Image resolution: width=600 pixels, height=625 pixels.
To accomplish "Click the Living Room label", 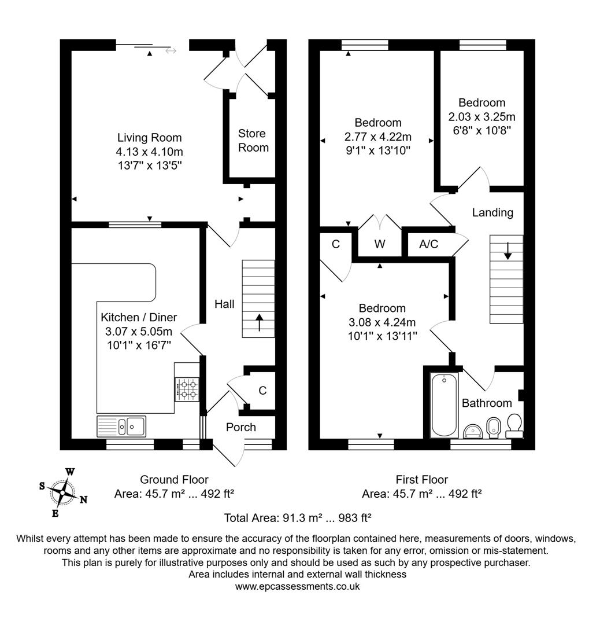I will (x=149, y=138).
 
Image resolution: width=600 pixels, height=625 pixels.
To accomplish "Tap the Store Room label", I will (x=253, y=141).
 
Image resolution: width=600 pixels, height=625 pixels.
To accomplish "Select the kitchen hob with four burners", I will (x=187, y=389).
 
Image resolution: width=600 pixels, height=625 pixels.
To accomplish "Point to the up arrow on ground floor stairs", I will (x=258, y=322).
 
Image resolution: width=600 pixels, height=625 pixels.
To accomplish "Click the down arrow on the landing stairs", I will (x=507, y=250).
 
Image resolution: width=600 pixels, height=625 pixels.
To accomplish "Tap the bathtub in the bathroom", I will (x=444, y=405).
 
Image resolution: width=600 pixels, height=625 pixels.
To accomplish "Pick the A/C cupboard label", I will (x=428, y=244).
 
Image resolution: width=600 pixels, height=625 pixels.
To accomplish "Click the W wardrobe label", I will (x=379, y=244).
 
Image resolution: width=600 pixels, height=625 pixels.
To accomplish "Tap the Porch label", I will (x=241, y=427).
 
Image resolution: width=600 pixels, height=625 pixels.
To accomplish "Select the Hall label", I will (x=224, y=304).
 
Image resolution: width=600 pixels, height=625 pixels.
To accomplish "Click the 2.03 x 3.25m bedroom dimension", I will (x=482, y=116).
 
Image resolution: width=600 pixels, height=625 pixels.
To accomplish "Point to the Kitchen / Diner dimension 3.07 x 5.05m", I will (x=139, y=332).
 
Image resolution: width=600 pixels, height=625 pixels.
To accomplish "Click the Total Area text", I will (x=297, y=517).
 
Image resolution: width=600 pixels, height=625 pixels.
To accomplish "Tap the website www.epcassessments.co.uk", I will (x=297, y=586).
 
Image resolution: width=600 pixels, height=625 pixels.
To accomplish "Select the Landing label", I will (x=492, y=212).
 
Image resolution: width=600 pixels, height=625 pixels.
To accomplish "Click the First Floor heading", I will (x=421, y=479).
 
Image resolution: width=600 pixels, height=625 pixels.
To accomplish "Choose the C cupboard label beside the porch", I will (x=262, y=391).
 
